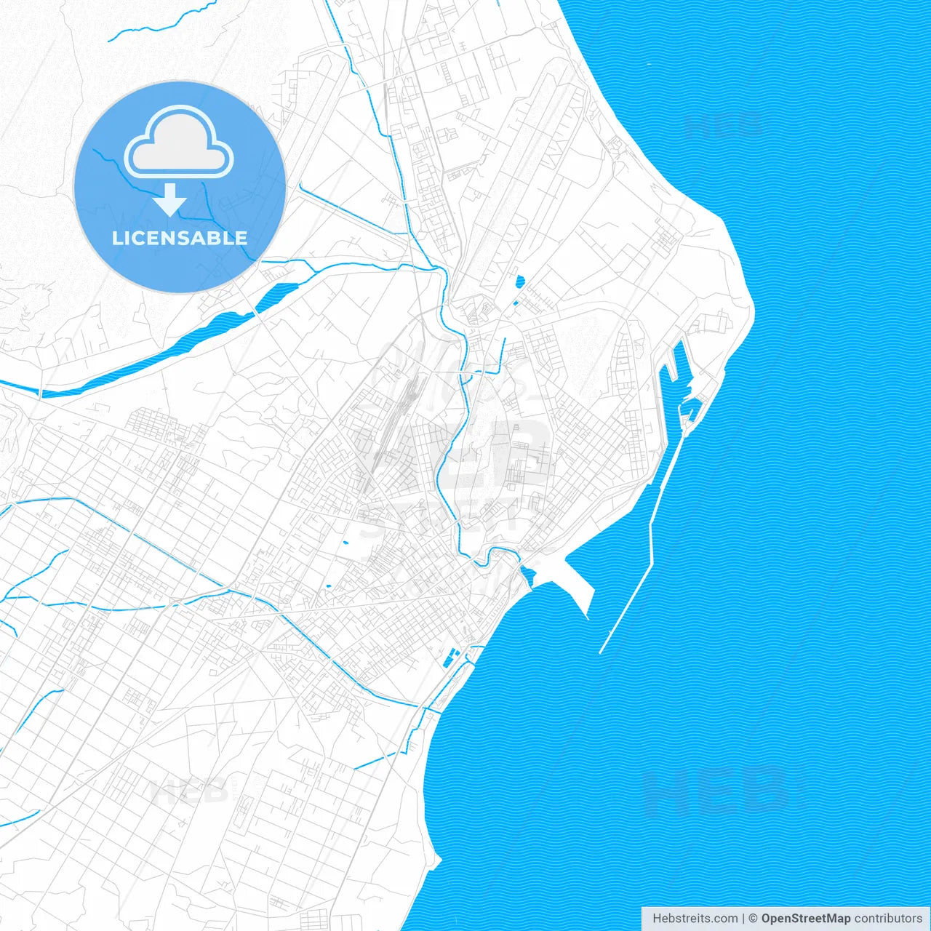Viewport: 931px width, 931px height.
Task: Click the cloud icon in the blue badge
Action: click(x=179, y=143)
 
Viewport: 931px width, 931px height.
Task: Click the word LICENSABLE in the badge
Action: click(x=179, y=238)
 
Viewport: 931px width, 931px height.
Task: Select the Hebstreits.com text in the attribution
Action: click(x=695, y=919)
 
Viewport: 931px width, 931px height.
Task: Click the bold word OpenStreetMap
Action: click(x=805, y=919)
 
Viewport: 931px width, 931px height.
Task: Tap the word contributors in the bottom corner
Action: click(x=888, y=919)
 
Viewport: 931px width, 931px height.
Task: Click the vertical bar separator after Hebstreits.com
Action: click(x=743, y=919)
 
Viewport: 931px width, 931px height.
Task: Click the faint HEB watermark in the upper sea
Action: click(x=724, y=125)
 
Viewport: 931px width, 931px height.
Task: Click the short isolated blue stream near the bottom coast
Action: click(x=375, y=761)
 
